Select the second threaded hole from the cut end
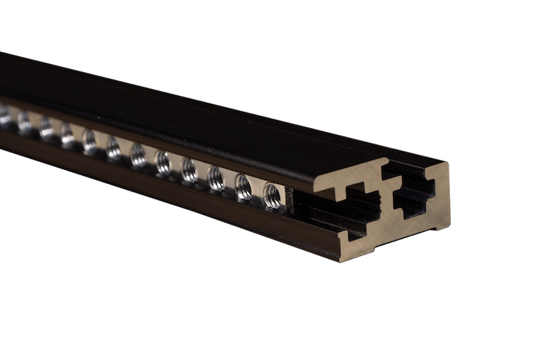[x=243, y=186]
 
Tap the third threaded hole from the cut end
[x=216, y=178]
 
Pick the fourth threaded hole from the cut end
[x=189, y=170]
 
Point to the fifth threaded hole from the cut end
[x=162, y=162]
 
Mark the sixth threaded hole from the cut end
[x=137, y=154]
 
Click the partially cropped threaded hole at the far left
[x=3, y=115]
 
